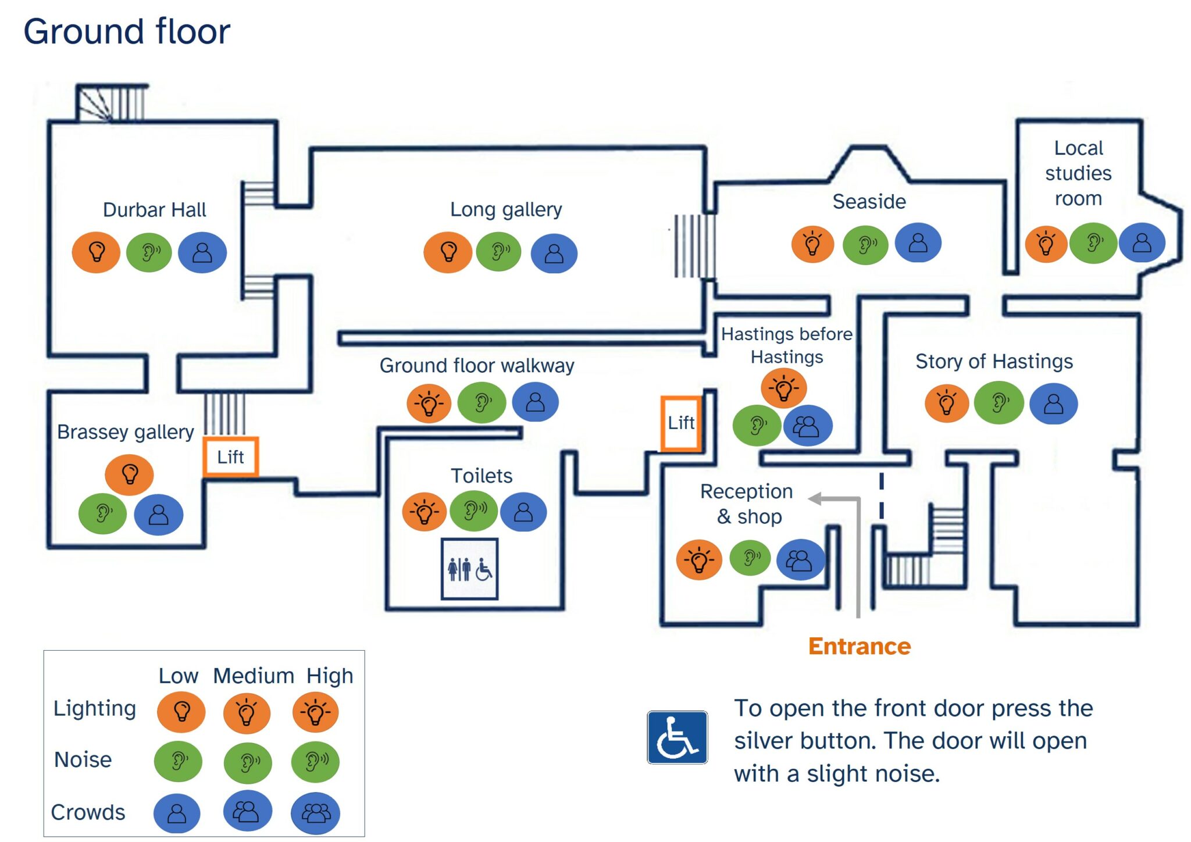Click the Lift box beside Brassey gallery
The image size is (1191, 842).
(x=230, y=457)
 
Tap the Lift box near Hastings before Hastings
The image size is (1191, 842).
(x=681, y=423)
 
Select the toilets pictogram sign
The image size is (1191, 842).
(x=469, y=569)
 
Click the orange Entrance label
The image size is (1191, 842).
(x=860, y=647)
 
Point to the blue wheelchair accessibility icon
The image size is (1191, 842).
(x=677, y=737)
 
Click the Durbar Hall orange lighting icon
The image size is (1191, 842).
(x=96, y=252)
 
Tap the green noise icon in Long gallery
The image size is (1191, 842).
(x=498, y=252)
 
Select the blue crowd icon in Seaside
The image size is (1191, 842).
(x=918, y=242)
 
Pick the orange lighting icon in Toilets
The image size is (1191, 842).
(x=425, y=512)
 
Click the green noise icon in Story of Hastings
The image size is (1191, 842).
(x=999, y=402)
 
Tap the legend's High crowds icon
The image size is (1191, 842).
(x=315, y=813)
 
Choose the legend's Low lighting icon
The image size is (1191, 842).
(x=181, y=712)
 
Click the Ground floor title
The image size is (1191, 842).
(x=127, y=31)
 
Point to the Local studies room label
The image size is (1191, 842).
(x=1078, y=173)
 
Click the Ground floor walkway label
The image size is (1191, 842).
(x=477, y=365)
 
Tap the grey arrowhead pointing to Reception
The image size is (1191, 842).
(x=815, y=498)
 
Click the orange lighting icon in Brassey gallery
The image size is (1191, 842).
(x=129, y=474)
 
